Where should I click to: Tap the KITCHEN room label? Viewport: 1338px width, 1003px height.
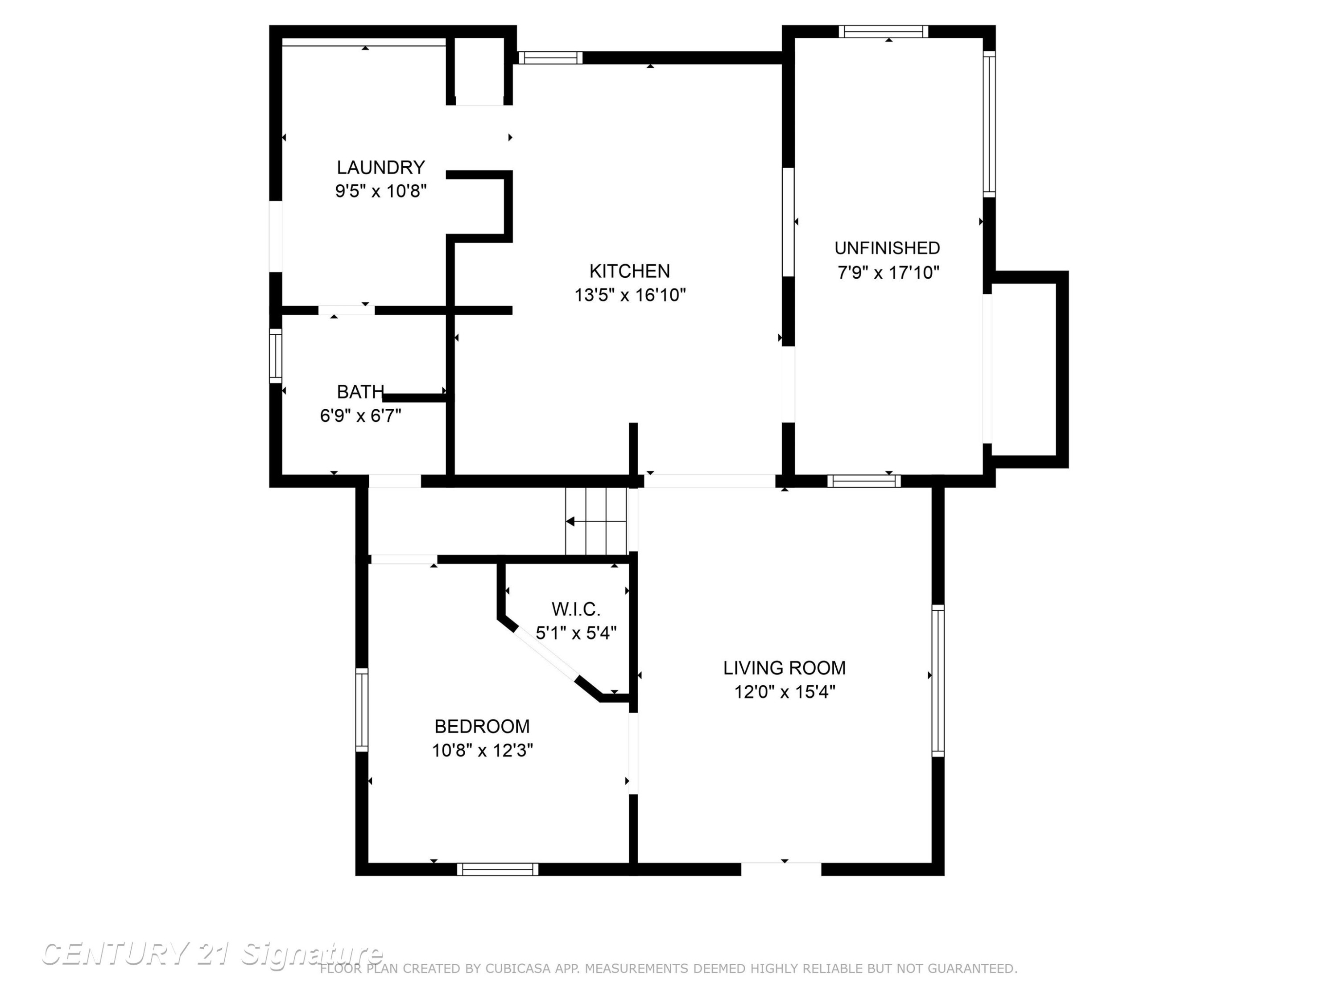pyautogui.click(x=630, y=271)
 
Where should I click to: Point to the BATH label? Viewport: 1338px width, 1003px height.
pyautogui.click(x=360, y=392)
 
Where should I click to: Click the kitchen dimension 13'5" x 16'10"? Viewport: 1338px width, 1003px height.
pyautogui.click(x=630, y=295)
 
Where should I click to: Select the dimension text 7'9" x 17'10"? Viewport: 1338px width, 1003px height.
pyautogui.click(x=888, y=273)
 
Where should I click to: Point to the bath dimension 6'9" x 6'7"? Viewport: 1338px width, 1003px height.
pyautogui.click(x=360, y=416)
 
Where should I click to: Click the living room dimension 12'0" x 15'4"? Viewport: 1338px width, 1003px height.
pyautogui.click(x=785, y=692)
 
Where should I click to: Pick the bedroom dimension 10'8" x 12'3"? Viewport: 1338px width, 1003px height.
pyautogui.click(x=482, y=750)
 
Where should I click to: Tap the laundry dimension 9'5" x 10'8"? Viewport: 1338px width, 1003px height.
pyautogui.click(x=381, y=191)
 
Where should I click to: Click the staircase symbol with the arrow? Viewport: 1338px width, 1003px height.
pyautogui.click(x=596, y=521)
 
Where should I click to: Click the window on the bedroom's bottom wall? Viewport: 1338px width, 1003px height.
pyautogui.click(x=497, y=869)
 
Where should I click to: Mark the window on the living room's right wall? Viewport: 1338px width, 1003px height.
pyautogui.click(x=937, y=680)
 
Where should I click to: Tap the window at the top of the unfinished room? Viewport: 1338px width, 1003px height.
pyautogui.click(x=883, y=32)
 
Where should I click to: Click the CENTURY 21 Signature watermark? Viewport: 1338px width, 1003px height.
pyautogui.click(x=212, y=954)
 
